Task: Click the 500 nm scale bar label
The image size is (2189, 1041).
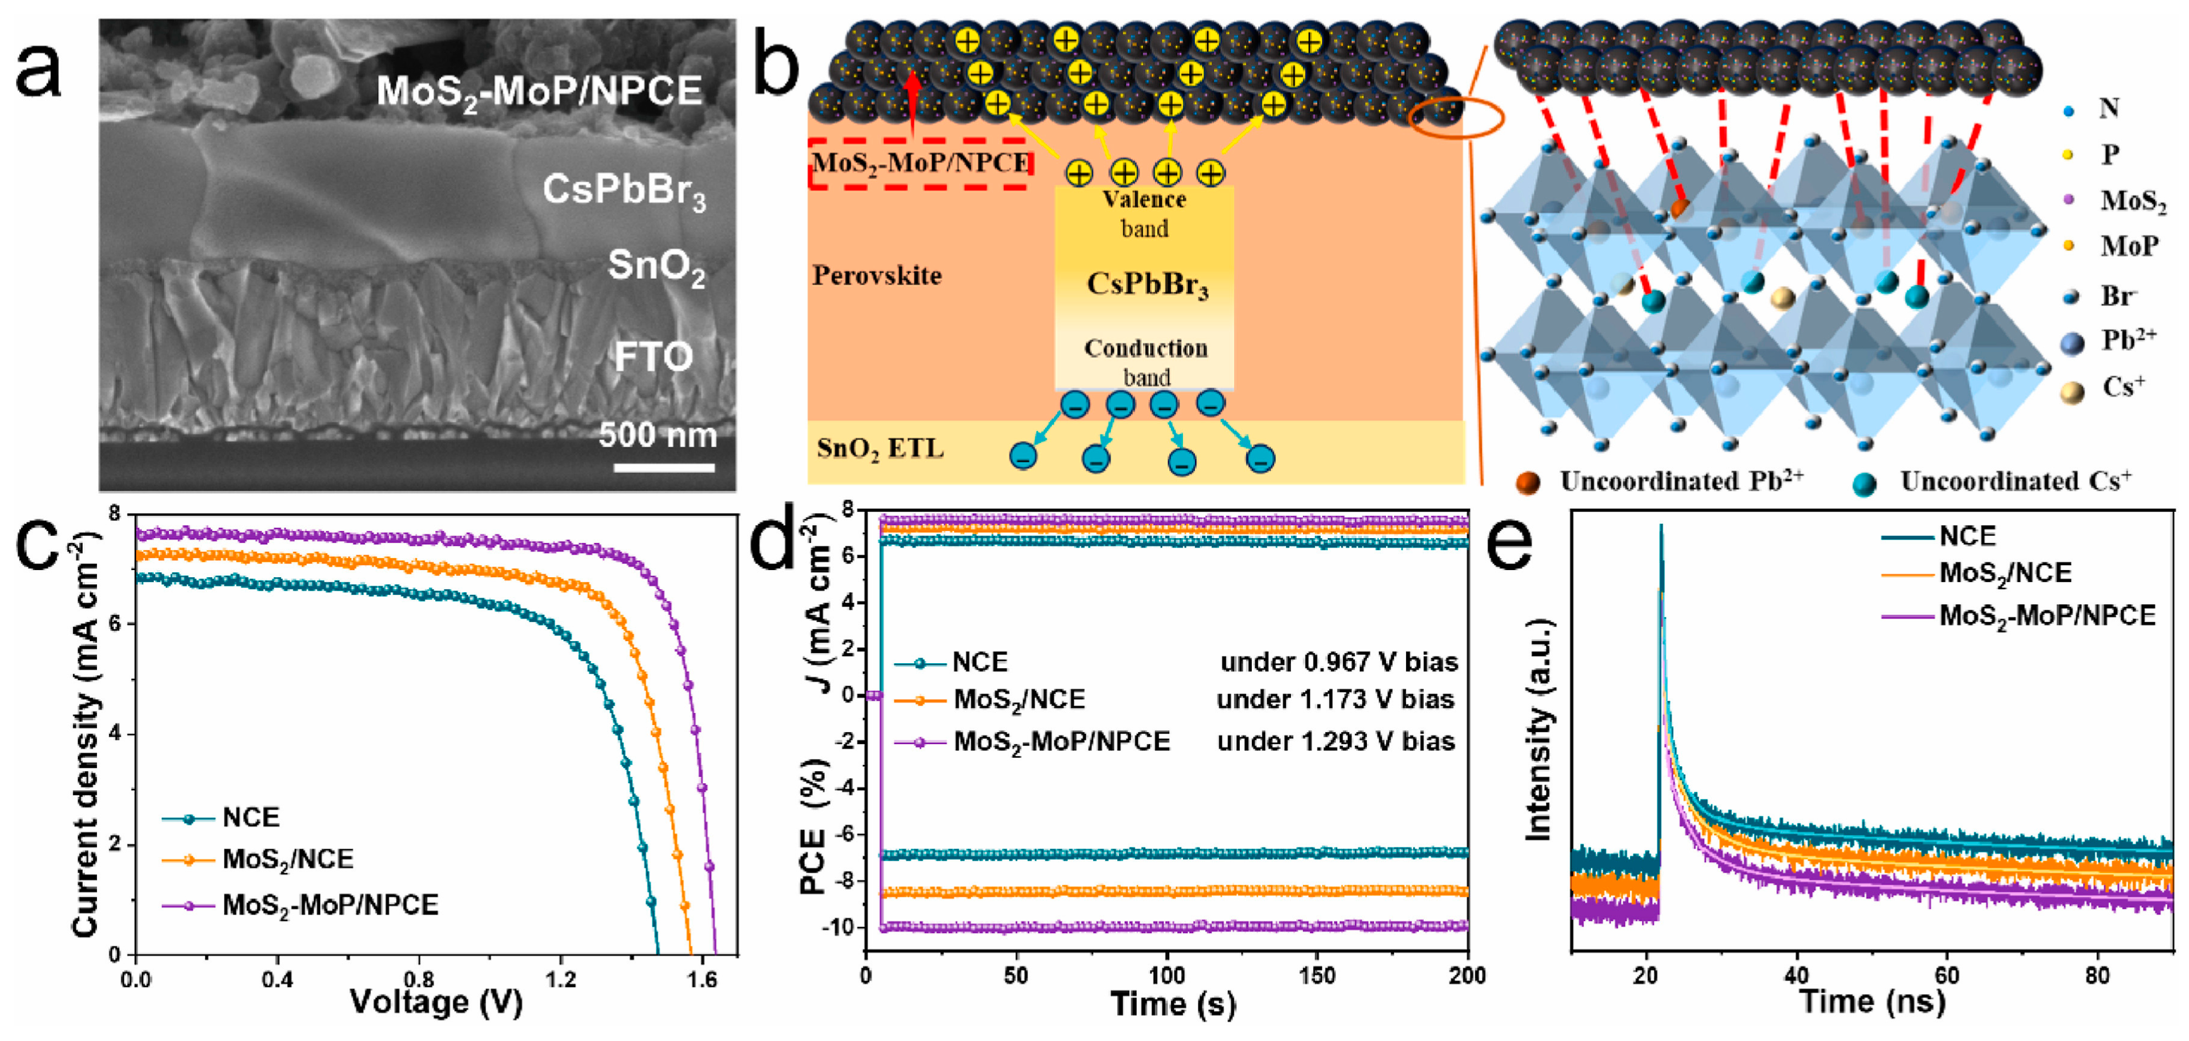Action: coord(657,435)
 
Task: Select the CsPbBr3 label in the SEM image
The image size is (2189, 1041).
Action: coord(624,191)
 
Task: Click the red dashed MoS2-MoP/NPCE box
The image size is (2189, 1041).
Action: coord(920,162)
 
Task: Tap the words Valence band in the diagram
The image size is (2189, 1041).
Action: coord(1144,213)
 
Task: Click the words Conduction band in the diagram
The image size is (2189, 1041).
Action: coord(1145,362)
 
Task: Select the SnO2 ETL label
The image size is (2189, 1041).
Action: coord(879,448)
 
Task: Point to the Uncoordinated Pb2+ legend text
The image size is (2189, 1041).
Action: coord(1681,481)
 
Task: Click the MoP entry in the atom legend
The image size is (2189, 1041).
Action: coord(2128,246)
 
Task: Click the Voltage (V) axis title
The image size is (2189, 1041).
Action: coord(436,1004)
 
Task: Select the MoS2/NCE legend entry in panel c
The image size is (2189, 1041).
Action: coord(287,859)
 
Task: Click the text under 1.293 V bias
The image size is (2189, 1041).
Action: coord(1336,741)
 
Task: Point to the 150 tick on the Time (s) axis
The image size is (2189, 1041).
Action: coord(1317,975)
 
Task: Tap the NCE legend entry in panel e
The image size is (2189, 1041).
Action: coord(1967,536)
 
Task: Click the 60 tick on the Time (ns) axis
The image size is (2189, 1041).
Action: coord(1947,975)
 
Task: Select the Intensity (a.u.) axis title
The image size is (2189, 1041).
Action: coord(1538,731)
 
